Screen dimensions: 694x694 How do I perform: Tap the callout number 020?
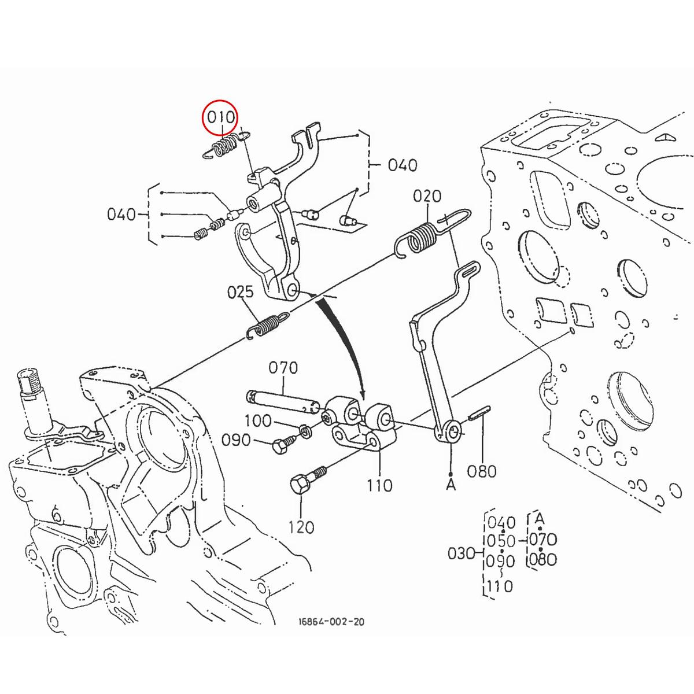427,197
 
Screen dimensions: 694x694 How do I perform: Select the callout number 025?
240,292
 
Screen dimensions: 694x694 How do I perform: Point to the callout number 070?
283,368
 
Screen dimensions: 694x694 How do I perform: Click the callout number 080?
482,471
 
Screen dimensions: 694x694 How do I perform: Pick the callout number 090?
236,441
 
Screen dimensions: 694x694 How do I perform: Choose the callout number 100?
257,420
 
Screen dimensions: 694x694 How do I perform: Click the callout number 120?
301,527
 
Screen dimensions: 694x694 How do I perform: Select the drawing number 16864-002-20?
331,622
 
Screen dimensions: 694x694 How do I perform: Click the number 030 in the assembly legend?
462,553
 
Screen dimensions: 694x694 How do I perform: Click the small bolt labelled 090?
282,445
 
